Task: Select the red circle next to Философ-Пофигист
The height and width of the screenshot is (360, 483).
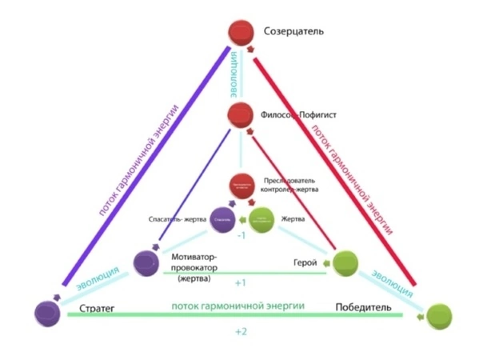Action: click(241, 115)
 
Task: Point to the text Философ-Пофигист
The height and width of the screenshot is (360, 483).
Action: click(298, 115)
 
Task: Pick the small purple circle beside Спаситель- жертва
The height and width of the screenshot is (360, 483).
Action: click(222, 218)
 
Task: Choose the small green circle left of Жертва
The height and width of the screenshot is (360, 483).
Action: click(261, 218)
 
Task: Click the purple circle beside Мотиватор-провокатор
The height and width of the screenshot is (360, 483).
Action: click(147, 263)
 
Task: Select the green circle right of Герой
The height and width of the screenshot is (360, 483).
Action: click(344, 262)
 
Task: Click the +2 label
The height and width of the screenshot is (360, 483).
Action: click(241, 330)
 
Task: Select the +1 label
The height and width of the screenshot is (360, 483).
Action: click(241, 283)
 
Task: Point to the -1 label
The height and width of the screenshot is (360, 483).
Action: click(241, 235)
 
